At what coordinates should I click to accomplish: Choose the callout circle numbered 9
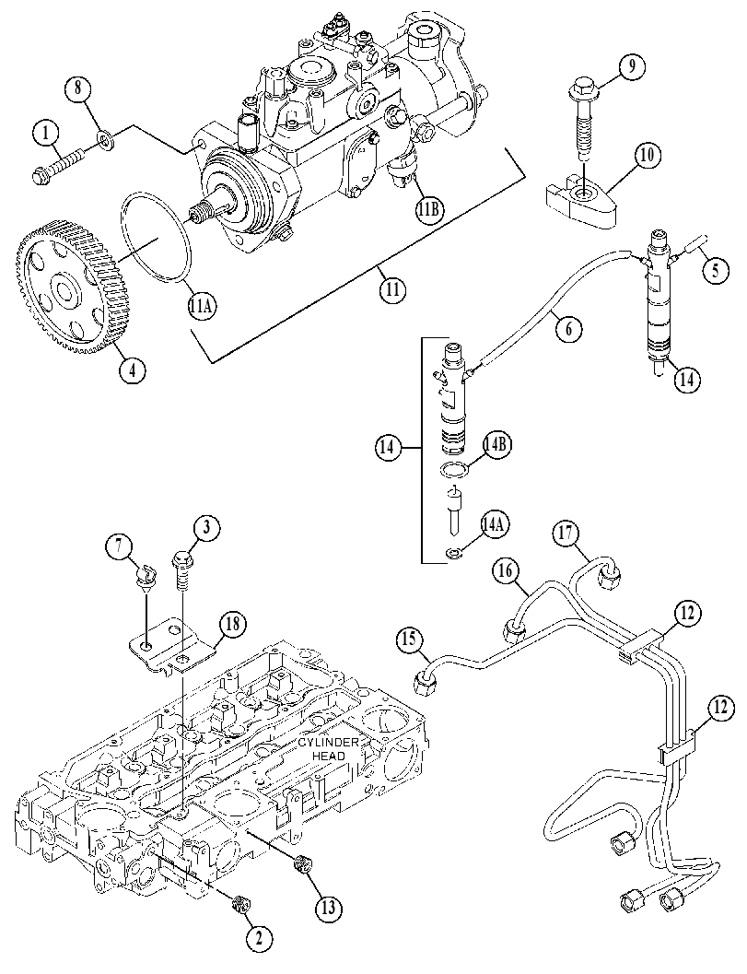point(631,66)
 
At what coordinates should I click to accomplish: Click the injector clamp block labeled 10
point(582,197)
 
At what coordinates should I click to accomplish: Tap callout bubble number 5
point(716,270)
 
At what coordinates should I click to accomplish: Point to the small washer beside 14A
point(454,552)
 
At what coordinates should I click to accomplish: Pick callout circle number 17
point(567,534)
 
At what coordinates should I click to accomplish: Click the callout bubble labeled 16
point(507,571)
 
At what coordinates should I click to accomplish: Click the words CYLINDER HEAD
point(327,749)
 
